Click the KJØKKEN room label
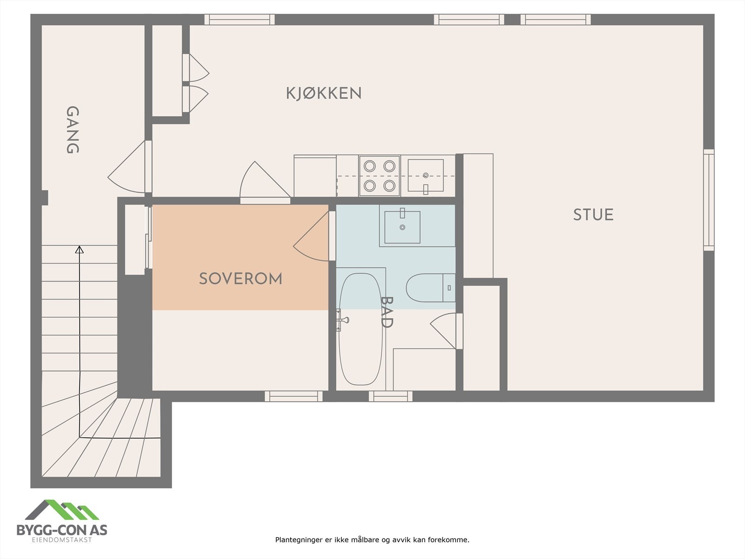tap(324, 93)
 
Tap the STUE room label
tap(593, 215)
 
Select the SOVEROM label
tap(240, 279)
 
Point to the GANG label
tap(72, 130)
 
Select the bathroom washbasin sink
tap(402, 227)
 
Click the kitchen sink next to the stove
tap(426, 176)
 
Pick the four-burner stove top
tap(379, 176)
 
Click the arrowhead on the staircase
tap(80, 250)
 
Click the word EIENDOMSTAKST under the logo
tap(62, 540)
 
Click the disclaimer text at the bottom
tap(372, 540)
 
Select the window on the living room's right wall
tap(708, 200)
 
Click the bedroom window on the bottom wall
tap(293, 396)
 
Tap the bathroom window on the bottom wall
tap(391, 396)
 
